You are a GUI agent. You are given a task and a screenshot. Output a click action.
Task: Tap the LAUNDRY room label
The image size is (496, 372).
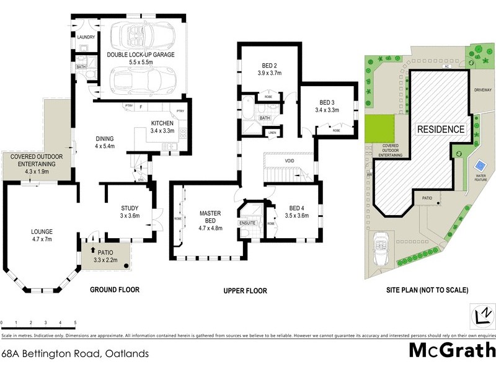point(86,37)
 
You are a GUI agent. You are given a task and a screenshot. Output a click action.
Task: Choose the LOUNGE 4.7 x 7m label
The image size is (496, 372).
point(42,236)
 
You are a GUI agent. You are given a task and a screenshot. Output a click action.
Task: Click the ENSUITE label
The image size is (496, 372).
point(248,221)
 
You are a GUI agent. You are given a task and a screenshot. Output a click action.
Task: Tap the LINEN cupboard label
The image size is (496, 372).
point(272,133)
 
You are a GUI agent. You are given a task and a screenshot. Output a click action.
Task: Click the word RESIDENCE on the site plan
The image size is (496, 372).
point(440,130)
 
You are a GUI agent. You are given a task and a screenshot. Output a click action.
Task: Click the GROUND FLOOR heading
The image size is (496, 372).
point(115,290)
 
